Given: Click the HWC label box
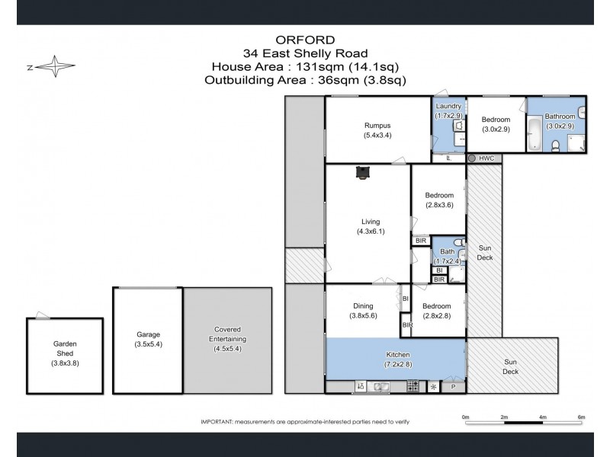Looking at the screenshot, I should pos(486,158).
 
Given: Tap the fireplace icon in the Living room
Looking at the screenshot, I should pos(362,173).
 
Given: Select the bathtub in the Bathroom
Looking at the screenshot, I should pos(535,134).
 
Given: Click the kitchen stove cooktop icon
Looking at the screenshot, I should pos(413,387).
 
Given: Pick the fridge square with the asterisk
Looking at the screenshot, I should pos(433,387).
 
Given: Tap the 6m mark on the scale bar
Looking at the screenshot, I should pos(581,417).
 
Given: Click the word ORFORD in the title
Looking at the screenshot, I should pos(304,39).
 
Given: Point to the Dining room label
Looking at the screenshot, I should pos(363,305).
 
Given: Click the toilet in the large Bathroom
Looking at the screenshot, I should pos(556,145).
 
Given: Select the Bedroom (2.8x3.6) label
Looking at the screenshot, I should pos(439,200).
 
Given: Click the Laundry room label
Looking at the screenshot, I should pos(448,107).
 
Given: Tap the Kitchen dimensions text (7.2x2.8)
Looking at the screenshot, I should pos(398,365).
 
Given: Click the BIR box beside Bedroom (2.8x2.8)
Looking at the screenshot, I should pos(406,325).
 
